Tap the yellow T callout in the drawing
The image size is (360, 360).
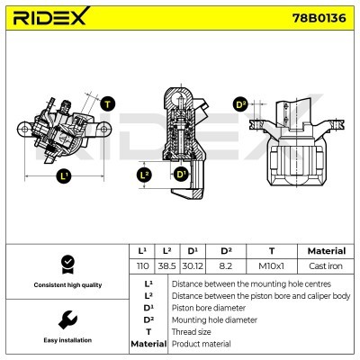click(x=108, y=104)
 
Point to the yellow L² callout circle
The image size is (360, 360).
click(x=143, y=175)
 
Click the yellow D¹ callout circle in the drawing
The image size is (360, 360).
click(x=181, y=174)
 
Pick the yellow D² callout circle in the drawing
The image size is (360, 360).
click(x=240, y=104)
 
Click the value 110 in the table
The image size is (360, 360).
click(x=141, y=265)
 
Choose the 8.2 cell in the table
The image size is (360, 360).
click(x=225, y=265)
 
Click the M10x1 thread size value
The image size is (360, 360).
click(x=271, y=265)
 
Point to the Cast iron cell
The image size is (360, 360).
click(x=326, y=265)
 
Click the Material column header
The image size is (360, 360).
click(x=326, y=251)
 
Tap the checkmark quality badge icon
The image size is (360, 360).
click(x=65, y=264)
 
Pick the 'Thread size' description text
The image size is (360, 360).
click(x=194, y=331)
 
